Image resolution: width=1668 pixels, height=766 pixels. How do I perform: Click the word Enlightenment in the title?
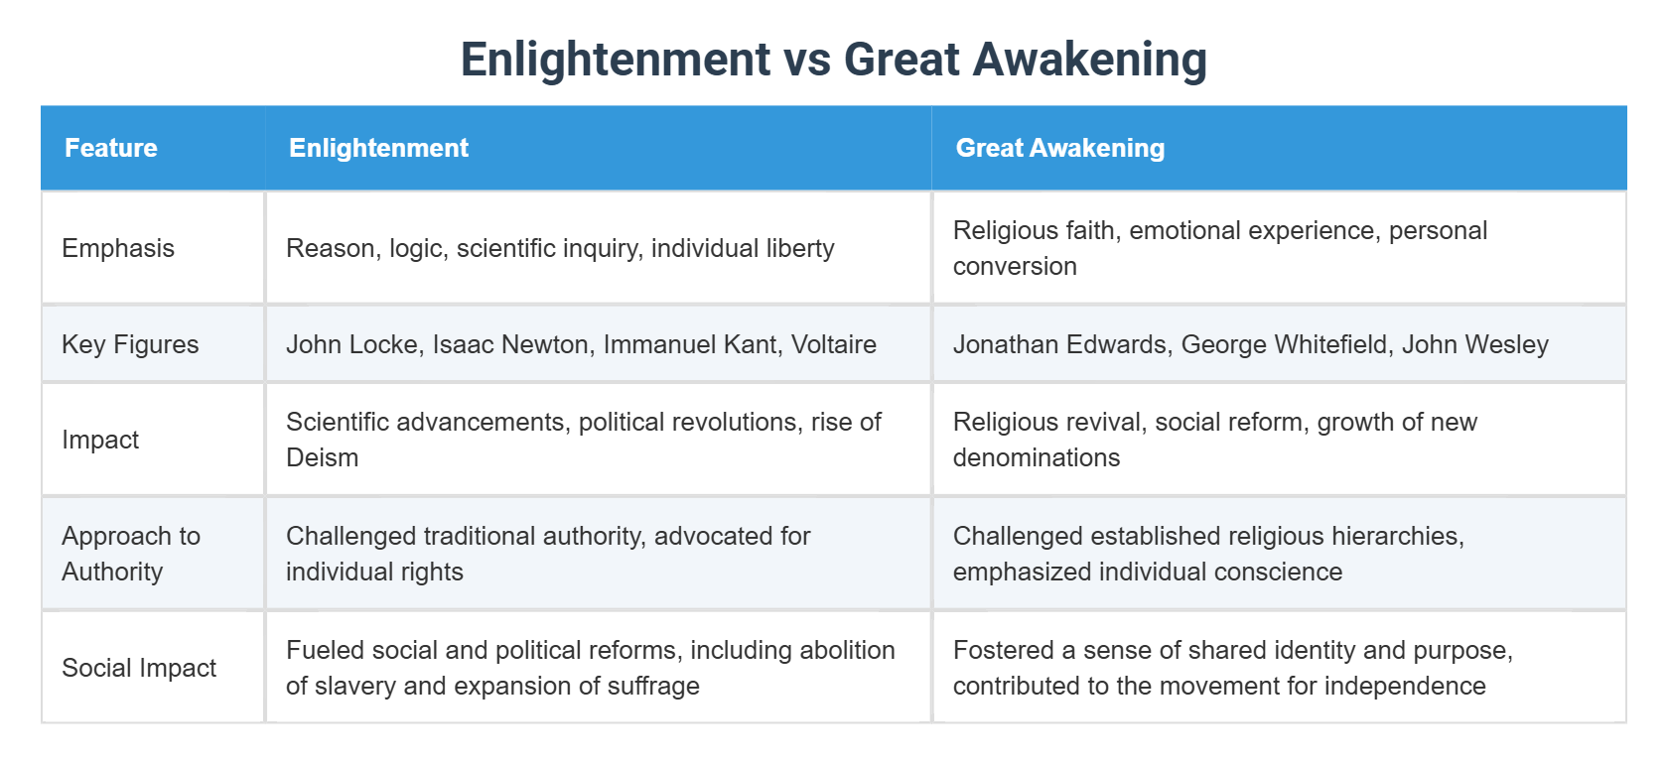tap(615, 60)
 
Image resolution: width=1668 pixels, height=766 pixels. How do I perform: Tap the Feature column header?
tap(111, 148)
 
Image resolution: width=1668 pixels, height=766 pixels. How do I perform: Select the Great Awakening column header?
tap(1059, 148)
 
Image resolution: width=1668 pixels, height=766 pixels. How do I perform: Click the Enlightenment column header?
tap(378, 148)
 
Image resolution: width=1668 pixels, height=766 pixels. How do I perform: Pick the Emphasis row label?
tap(118, 248)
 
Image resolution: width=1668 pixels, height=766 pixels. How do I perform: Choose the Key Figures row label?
tap(130, 344)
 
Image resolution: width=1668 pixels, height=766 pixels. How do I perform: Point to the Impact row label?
tap(100, 440)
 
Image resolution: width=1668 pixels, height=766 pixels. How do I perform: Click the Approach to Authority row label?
tap(130, 554)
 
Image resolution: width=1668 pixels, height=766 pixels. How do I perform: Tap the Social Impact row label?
tap(139, 668)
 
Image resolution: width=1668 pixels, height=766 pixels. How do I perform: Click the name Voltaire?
tap(833, 344)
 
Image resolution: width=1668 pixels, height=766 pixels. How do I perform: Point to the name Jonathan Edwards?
tap(1059, 344)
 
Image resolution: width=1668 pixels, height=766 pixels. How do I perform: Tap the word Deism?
tap(322, 457)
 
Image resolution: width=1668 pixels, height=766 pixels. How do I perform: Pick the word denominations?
tap(1036, 457)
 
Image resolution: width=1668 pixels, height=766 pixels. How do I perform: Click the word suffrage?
tap(652, 686)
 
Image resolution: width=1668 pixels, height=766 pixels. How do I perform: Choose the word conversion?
tap(1014, 266)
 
